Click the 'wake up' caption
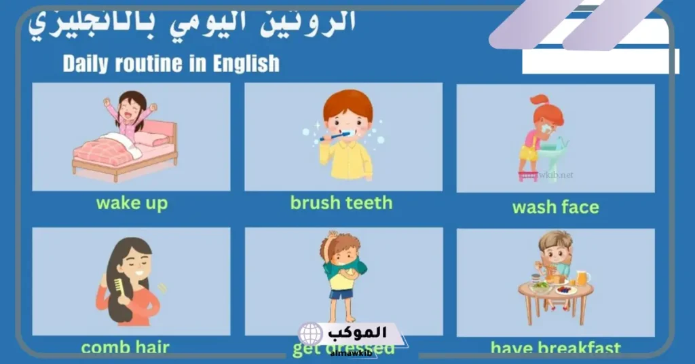pyautogui.click(x=132, y=203)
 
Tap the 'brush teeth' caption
pyautogui.click(x=341, y=202)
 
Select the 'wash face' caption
pyautogui.click(x=556, y=207)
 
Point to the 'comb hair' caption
pyautogui.click(x=126, y=348)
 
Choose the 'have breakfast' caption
pyautogui.click(x=555, y=348)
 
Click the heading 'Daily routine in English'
pyautogui.click(x=171, y=64)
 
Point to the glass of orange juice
pyautogui.click(x=582, y=278)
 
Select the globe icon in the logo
pyautogui.click(x=310, y=335)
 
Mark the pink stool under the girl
pyautogui.click(x=528, y=176)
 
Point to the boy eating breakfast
pyautogui.click(x=555, y=255)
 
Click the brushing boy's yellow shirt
pyautogui.click(x=346, y=160)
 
